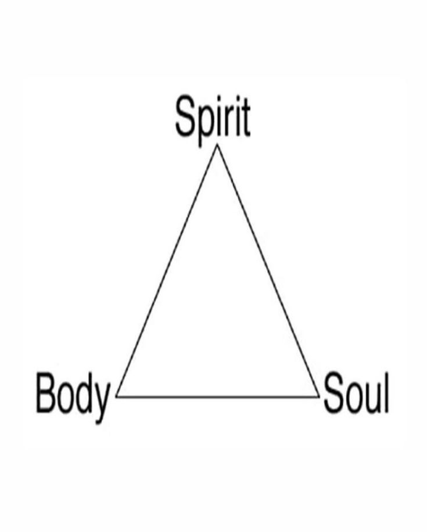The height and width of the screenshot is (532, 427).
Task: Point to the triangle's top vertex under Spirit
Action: (x=217, y=145)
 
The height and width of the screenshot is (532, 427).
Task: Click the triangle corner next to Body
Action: (x=117, y=396)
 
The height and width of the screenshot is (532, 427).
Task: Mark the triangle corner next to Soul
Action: (x=319, y=396)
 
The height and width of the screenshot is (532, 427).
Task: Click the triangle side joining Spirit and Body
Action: (x=167, y=270)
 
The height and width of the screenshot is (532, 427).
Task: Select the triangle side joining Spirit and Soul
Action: (x=268, y=270)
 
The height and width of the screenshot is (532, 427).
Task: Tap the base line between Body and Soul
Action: (x=218, y=397)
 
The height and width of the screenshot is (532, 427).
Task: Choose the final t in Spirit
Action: (x=246, y=120)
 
